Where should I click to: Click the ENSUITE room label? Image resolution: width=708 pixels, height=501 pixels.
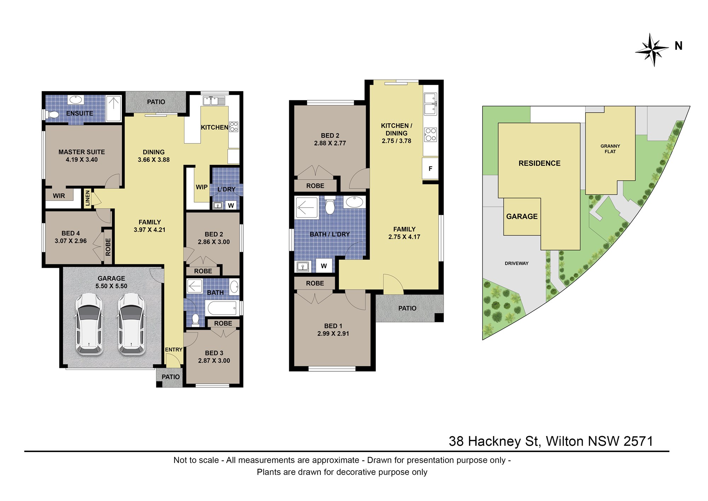[80, 113]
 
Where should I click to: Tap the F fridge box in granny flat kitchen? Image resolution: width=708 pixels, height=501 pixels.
[430, 169]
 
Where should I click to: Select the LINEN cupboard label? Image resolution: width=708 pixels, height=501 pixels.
[87, 198]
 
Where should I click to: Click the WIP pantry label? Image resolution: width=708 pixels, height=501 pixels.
[202, 187]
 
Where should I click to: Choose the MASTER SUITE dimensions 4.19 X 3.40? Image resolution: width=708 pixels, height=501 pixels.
[82, 160]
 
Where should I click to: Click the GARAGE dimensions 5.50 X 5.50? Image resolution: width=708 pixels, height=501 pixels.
[111, 286]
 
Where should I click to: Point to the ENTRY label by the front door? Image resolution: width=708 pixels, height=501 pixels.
[174, 350]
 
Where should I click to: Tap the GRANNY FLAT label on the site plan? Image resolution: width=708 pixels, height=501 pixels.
[610, 149]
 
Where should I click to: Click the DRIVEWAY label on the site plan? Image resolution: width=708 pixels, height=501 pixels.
[516, 263]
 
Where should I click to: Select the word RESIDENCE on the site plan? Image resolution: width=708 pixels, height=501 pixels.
[539, 163]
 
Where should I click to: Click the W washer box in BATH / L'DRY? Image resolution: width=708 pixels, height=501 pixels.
[324, 266]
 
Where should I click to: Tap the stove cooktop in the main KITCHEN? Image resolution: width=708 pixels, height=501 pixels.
[234, 126]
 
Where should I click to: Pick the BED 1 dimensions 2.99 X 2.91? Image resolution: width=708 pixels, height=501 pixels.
[333, 334]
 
